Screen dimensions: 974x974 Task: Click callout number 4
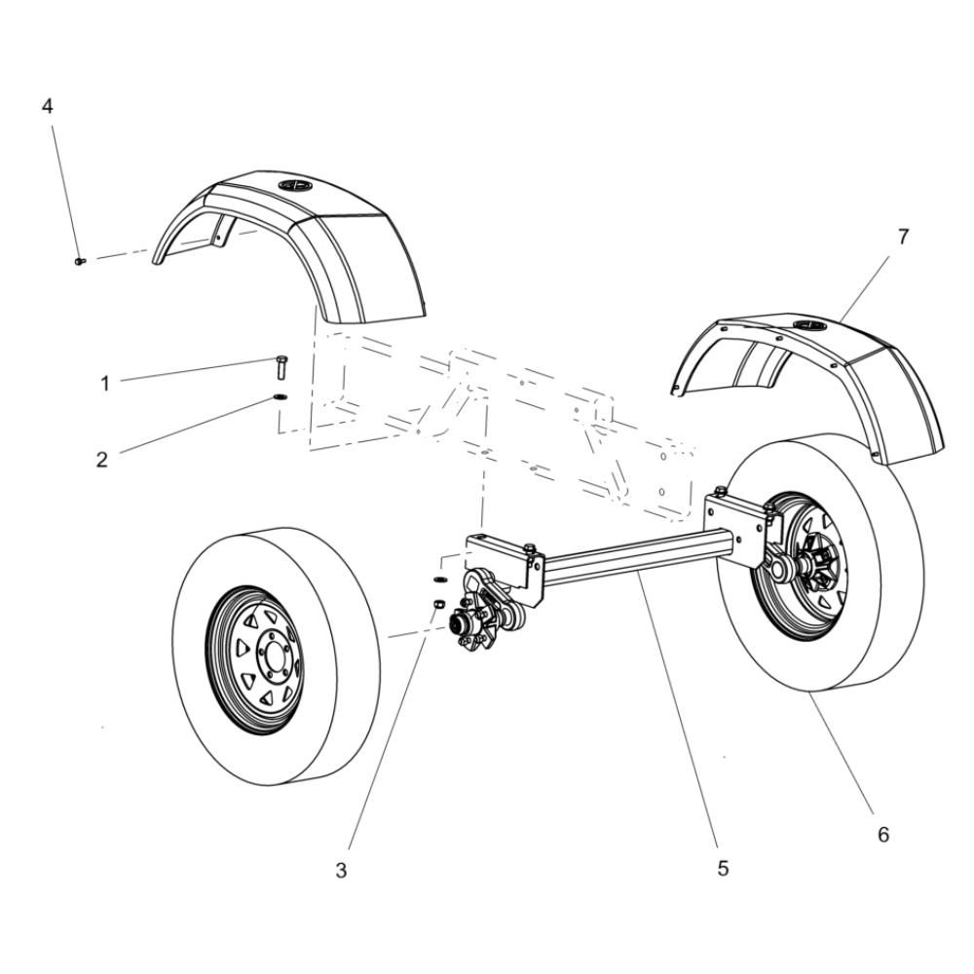[x=47, y=106]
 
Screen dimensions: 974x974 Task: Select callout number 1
[x=105, y=384]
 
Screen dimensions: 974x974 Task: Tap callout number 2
[x=102, y=460]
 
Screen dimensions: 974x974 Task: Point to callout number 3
[x=341, y=871]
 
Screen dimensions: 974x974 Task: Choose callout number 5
[x=723, y=869]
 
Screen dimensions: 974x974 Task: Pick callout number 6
[x=883, y=835]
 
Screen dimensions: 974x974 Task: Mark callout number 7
[x=903, y=237]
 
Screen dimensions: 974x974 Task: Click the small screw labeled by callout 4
[x=80, y=261]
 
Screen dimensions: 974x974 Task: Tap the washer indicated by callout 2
[x=279, y=397]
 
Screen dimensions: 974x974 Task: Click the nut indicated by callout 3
[x=438, y=603]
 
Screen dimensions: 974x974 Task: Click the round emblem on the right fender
[x=806, y=325]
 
